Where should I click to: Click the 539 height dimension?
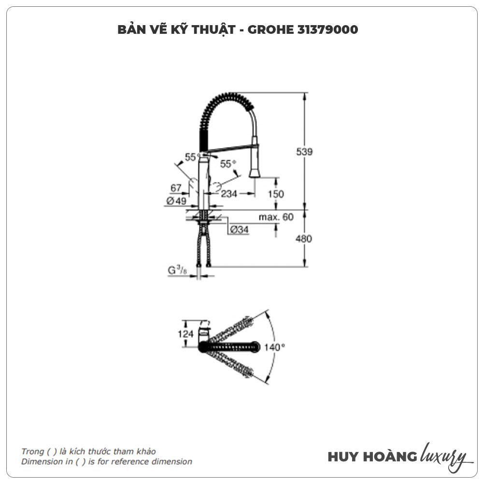point(305,152)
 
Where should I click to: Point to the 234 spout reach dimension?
point(230,194)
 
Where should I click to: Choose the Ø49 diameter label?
point(176,201)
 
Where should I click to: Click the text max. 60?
point(276,217)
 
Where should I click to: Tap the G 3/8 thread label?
point(177,271)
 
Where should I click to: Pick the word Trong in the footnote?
point(32,452)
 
